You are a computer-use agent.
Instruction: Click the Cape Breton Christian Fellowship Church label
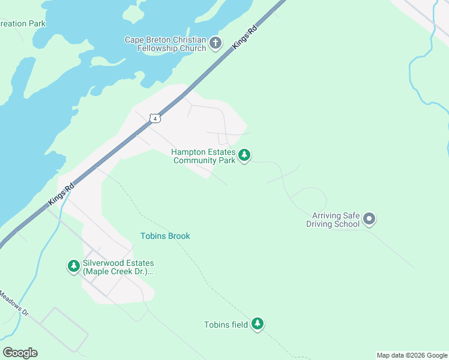[x=165, y=44]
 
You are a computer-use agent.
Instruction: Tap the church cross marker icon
[x=216, y=43]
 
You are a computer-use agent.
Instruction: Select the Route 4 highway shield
[x=155, y=118]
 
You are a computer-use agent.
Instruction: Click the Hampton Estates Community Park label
[x=203, y=157]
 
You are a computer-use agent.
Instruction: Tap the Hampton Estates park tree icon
[x=244, y=155]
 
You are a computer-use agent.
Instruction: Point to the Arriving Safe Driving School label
[x=336, y=220]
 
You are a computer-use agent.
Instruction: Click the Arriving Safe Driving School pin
[x=370, y=220]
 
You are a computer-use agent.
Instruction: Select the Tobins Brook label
[x=165, y=236]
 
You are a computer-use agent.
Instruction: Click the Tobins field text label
[x=226, y=325]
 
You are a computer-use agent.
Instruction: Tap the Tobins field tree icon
[x=258, y=324]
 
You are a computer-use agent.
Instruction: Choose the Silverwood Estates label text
[x=118, y=267]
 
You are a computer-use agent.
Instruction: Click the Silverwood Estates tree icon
[x=74, y=266]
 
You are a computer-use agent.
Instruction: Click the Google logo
[x=20, y=353]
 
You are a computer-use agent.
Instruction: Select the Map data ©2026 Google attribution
[x=412, y=355]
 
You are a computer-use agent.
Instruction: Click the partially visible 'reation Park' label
[x=23, y=24]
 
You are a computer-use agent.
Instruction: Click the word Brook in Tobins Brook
[x=178, y=236]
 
